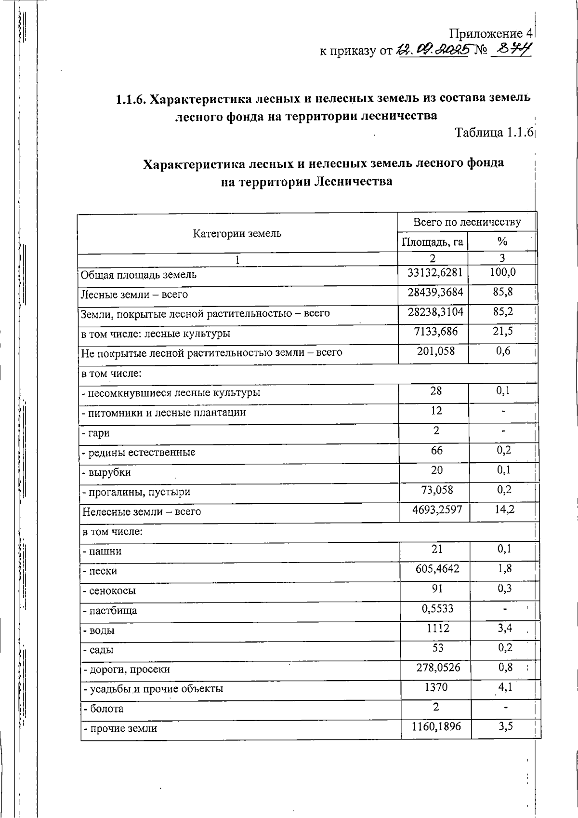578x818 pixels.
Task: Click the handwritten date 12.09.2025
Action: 432,50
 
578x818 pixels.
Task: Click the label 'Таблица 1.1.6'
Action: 493,132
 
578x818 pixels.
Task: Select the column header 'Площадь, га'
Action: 432,241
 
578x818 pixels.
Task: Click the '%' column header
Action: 502,241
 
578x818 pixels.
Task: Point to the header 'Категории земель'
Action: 237,234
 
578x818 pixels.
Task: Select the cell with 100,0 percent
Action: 502,272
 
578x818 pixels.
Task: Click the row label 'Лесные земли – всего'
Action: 134,295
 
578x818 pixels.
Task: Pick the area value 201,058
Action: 435,351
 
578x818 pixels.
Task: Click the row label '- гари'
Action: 96,433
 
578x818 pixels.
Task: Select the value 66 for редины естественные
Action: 436,450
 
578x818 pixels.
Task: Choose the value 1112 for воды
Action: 437,628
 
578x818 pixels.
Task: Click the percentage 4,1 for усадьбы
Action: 505,687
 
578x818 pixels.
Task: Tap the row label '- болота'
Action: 103,709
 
